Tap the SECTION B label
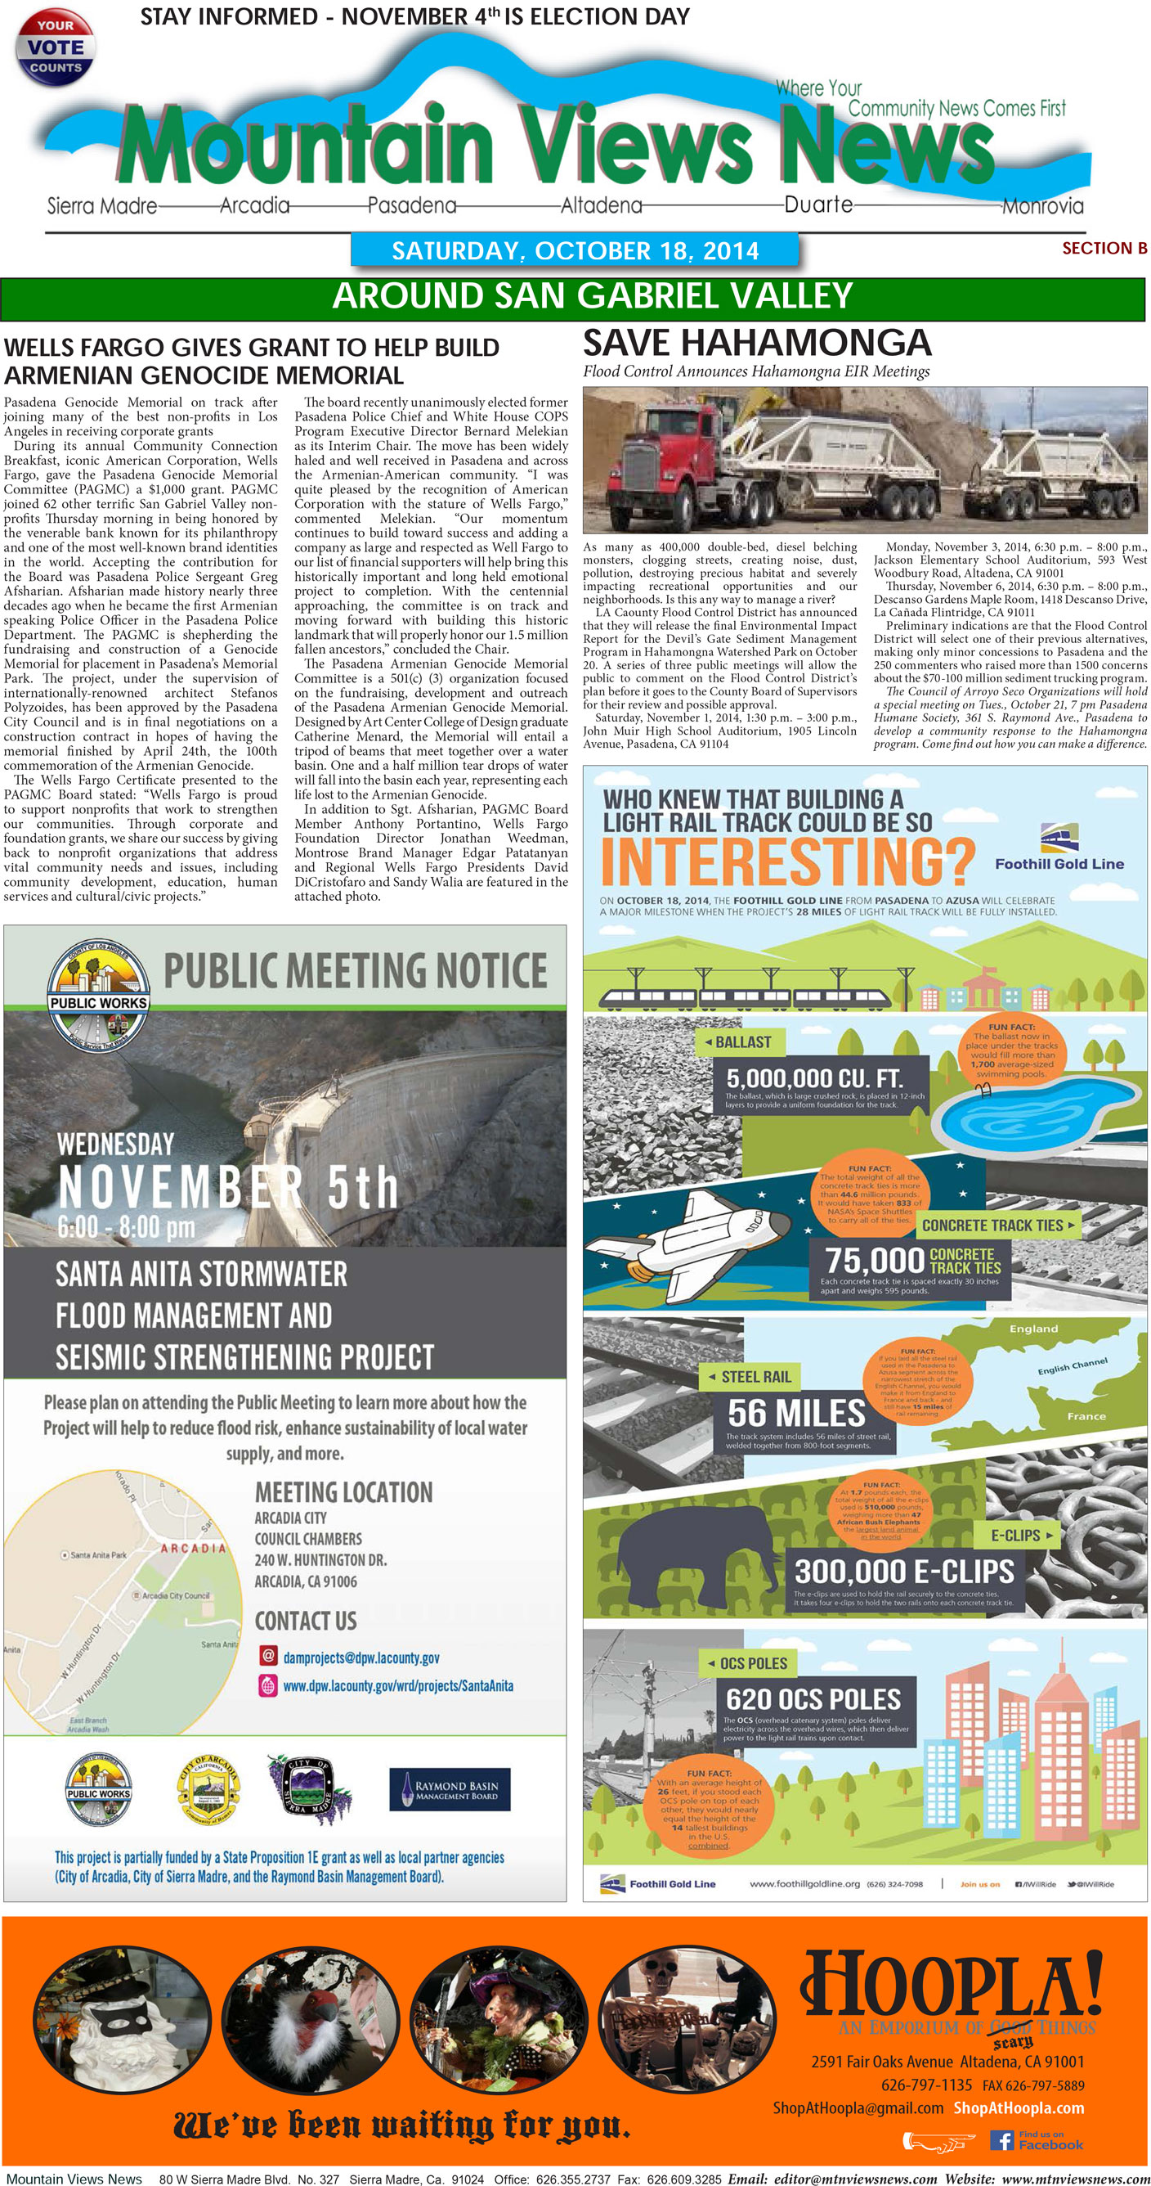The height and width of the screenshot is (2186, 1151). coord(1104,248)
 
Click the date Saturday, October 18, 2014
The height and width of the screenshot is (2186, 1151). coord(574,250)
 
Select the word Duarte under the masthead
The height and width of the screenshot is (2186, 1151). coord(817,205)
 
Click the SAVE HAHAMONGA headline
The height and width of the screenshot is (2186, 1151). coord(757,343)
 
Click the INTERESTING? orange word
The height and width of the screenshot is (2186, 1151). coord(788,861)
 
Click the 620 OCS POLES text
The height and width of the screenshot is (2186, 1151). coord(813,1699)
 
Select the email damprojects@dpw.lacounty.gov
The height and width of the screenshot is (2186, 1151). coord(361,1657)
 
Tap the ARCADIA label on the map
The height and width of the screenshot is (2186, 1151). coord(193,1548)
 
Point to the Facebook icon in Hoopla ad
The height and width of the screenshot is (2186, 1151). coord(1001,2140)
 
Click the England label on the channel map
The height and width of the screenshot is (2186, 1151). coord(1032,1329)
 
